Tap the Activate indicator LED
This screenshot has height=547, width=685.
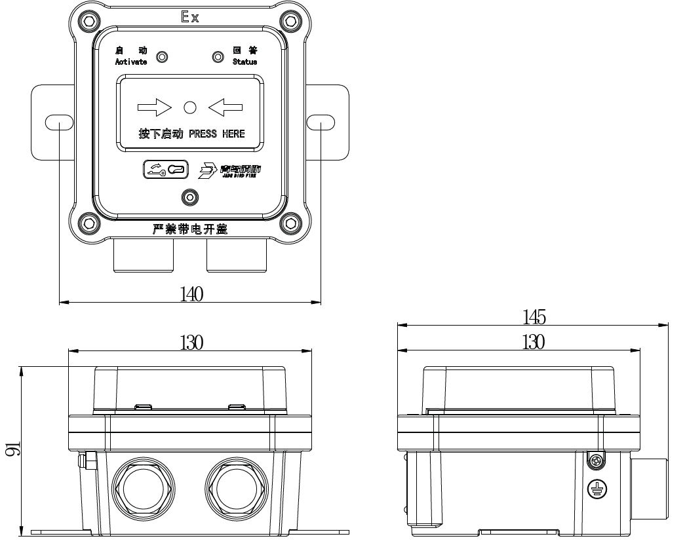[161, 57]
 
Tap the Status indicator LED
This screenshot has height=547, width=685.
[218, 57]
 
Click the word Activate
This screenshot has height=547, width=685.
[130, 62]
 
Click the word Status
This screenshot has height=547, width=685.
[245, 62]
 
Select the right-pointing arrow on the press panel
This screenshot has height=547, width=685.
[154, 106]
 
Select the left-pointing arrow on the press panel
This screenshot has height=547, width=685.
[225, 106]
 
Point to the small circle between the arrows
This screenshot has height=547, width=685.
[190, 106]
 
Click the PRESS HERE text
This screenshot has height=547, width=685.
[216, 134]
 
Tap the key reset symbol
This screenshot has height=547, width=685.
[166, 170]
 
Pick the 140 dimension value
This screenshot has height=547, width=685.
[191, 294]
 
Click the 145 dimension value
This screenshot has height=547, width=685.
[534, 317]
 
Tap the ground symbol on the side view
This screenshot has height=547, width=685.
[596, 488]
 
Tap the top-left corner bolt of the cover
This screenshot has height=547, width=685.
[90, 22]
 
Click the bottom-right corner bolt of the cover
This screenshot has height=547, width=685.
[290, 223]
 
